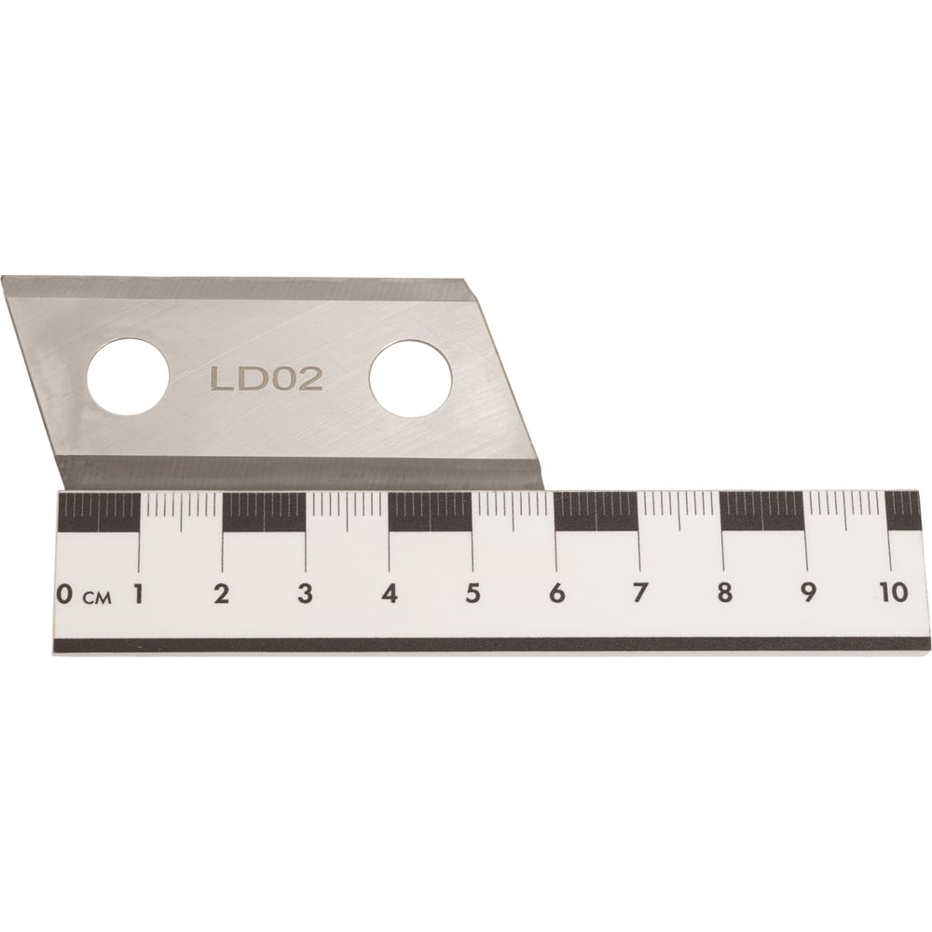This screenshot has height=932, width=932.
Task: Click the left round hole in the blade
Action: point(128,377)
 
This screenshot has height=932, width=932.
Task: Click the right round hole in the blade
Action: point(410,379)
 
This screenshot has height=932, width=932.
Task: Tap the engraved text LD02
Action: point(267,379)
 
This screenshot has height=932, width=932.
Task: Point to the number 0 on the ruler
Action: point(65,594)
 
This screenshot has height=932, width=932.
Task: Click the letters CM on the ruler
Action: point(97,597)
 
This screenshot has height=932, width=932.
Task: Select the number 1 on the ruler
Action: point(139,593)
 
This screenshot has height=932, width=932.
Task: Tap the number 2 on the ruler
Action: point(222,593)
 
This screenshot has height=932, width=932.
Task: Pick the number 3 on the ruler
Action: point(305,593)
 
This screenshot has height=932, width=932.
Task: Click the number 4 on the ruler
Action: point(390,593)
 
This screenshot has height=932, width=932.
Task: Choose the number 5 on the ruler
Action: point(473,593)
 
